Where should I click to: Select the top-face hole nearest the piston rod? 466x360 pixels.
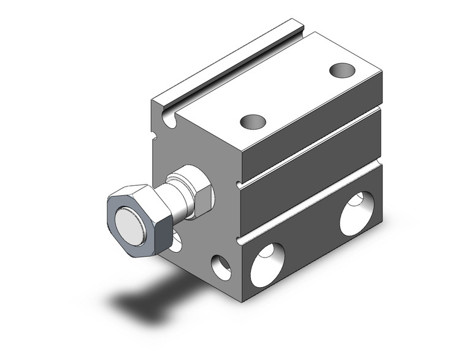click(x=253, y=122)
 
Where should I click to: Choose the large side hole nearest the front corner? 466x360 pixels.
click(x=267, y=263)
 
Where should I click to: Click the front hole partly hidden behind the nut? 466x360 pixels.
click(x=176, y=242)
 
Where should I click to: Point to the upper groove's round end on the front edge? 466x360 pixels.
click(x=239, y=182)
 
